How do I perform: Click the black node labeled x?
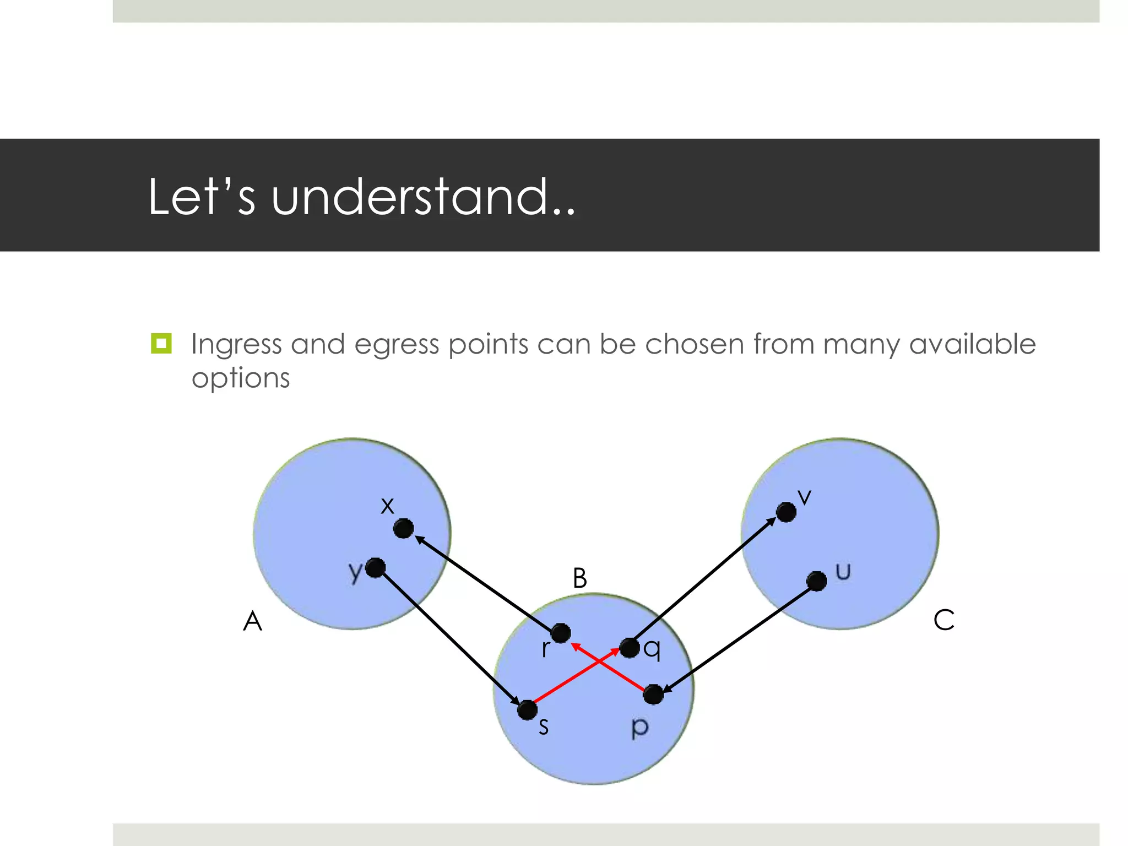pyautogui.click(x=403, y=529)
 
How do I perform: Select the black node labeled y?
pyautogui.click(x=376, y=568)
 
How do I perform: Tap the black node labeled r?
pyautogui.click(x=561, y=633)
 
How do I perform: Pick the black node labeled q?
pyautogui.click(x=630, y=648)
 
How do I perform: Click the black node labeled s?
pyautogui.click(x=527, y=710)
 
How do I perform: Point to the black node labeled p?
pyautogui.click(x=653, y=694)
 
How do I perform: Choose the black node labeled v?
pyautogui.click(x=786, y=512)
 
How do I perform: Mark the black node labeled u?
pyautogui.click(x=816, y=581)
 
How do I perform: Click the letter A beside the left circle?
pyautogui.click(x=253, y=621)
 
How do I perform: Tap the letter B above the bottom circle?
pyautogui.click(x=579, y=578)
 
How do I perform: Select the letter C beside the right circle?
pyautogui.click(x=943, y=620)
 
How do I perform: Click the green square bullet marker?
pyautogui.click(x=161, y=343)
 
